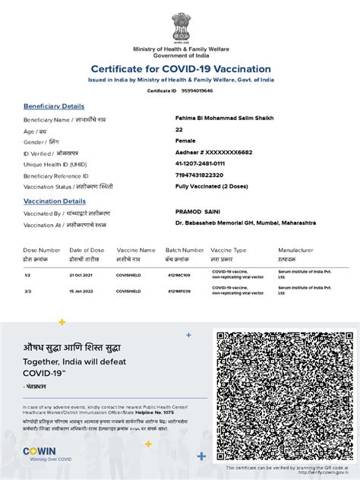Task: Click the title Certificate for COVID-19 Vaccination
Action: pos(180,68)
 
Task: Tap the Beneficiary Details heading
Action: pos(54,106)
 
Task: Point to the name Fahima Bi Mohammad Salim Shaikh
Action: pos(225,118)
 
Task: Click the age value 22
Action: pos(179,130)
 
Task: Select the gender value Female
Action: pos(186,141)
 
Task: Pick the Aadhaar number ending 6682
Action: pos(213,152)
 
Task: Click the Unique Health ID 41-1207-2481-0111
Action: pos(200,163)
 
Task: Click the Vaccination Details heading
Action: pos(55,201)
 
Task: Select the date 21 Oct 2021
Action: pos(81,274)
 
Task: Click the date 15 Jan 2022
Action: pos(81,291)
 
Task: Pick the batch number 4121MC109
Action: pos(178,274)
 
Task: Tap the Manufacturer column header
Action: pos(295,249)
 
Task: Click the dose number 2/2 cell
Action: pos(28,291)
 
